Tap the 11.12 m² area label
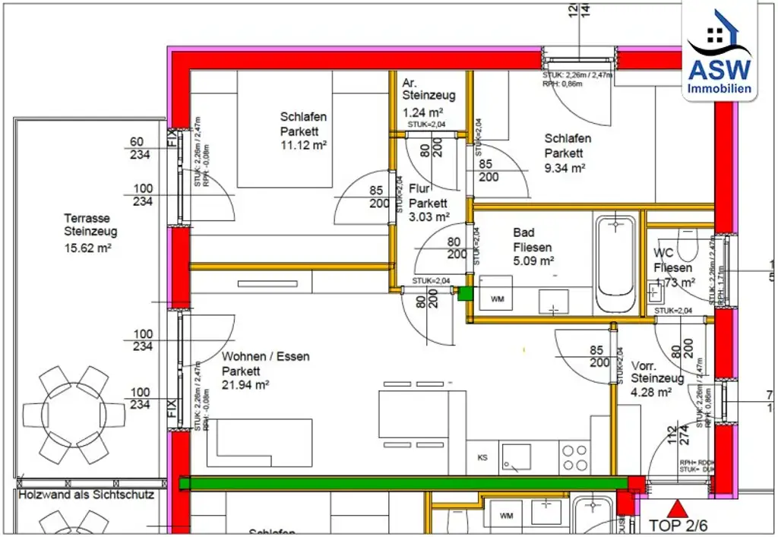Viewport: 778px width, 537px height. click(303, 145)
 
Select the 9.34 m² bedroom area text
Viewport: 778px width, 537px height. click(564, 168)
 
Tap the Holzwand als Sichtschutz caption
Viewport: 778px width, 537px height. click(86, 494)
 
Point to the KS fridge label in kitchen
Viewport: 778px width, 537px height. click(482, 458)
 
